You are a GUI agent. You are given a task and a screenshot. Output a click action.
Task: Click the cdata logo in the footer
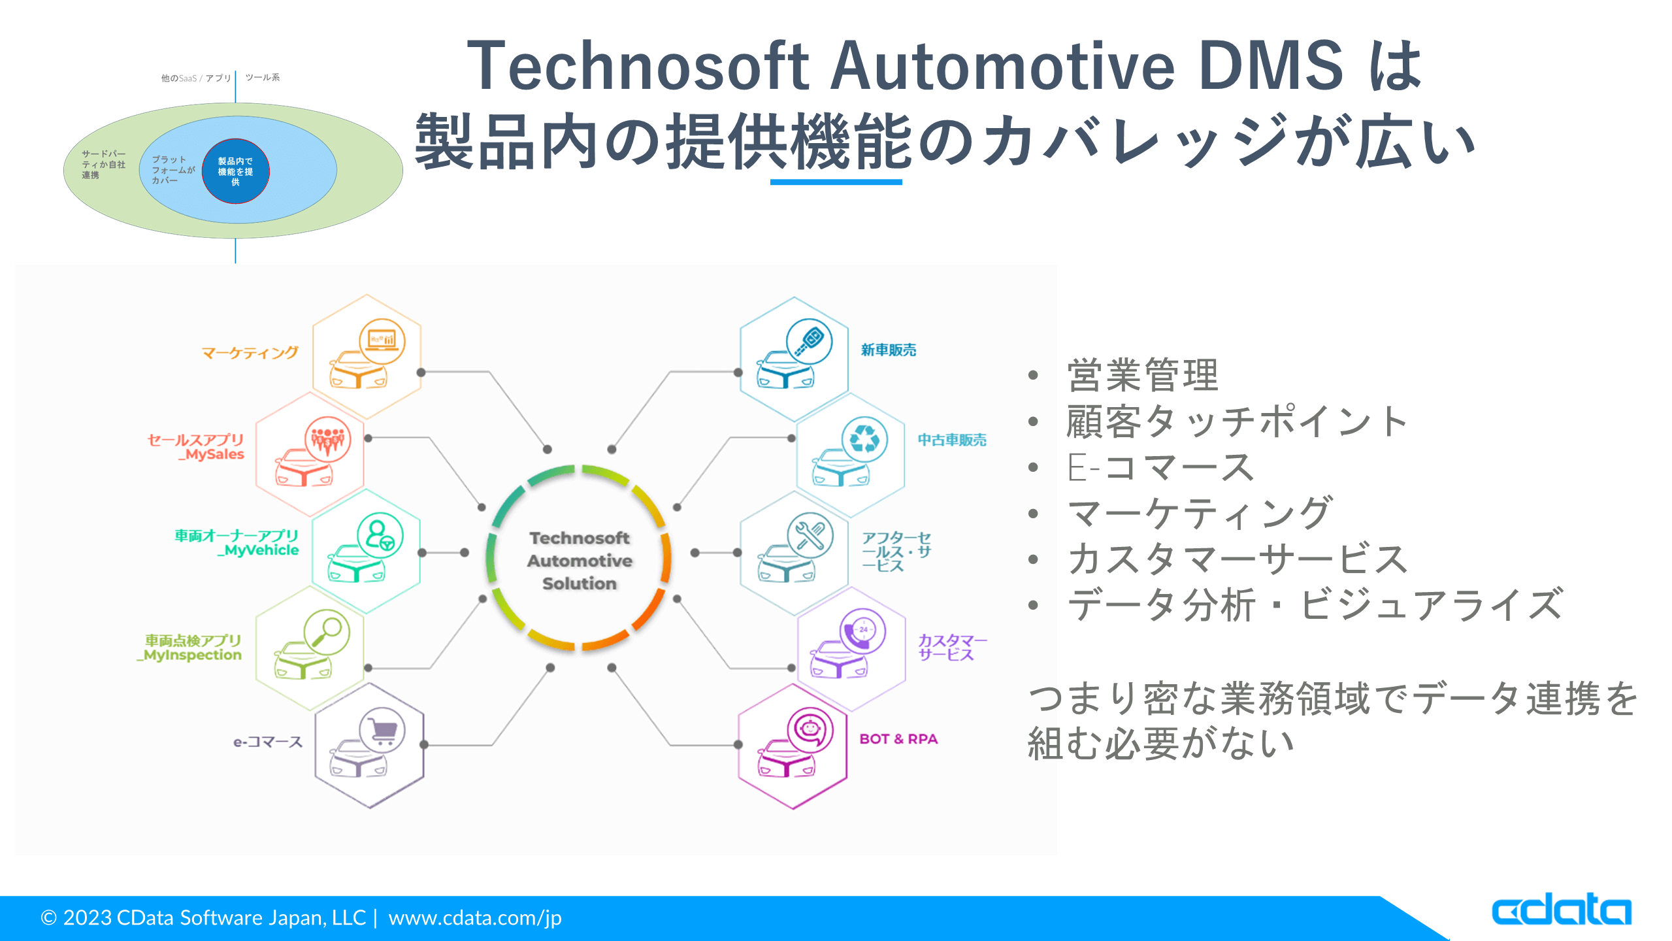(1561, 910)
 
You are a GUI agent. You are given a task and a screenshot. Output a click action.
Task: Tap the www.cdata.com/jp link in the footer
(474, 917)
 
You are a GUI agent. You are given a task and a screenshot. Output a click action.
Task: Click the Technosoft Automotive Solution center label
(579, 561)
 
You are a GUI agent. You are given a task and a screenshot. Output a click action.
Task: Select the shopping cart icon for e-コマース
(383, 731)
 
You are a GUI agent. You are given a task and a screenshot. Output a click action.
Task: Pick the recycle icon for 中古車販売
(864, 439)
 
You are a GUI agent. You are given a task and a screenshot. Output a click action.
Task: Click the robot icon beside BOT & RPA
(810, 730)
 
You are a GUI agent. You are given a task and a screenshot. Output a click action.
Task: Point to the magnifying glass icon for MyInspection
(327, 632)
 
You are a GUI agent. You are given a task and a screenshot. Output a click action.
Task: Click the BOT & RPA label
(898, 739)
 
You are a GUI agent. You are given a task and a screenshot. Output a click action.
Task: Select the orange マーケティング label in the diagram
(250, 354)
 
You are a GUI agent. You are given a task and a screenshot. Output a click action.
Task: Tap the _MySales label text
(211, 455)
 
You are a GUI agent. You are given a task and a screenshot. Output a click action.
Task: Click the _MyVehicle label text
(258, 551)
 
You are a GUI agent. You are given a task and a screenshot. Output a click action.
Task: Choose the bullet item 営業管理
(1142, 376)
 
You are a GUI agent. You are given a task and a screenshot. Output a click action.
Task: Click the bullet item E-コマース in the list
(1160, 468)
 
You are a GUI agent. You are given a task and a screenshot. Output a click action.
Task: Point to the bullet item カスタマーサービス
(1237, 559)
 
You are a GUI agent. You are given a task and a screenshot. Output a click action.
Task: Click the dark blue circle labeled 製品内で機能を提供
(236, 171)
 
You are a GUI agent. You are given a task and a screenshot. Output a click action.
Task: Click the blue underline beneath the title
(836, 182)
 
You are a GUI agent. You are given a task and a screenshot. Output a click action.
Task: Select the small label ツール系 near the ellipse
(262, 78)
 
